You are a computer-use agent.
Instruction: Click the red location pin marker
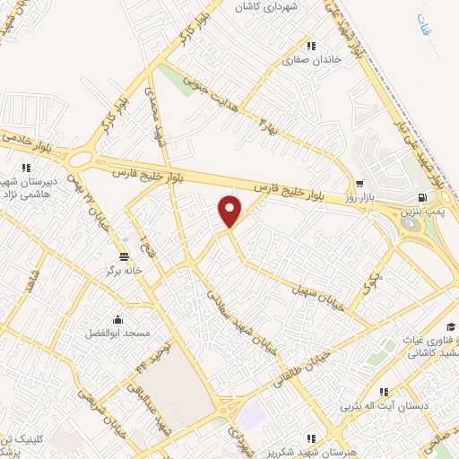tap(230, 212)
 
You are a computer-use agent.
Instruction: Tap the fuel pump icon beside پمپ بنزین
tap(422, 198)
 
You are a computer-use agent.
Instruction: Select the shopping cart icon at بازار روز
tap(359, 181)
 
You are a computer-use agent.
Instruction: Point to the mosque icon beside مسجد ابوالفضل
tap(117, 320)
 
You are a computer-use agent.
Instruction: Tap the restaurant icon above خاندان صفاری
tap(311, 46)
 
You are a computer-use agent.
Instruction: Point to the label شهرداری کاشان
tap(265, 6)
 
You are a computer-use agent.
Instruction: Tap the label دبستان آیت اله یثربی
tap(384, 406)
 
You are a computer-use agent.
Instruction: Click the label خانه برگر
tap(100, 269)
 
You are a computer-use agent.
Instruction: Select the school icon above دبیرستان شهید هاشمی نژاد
tap(27, 167)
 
